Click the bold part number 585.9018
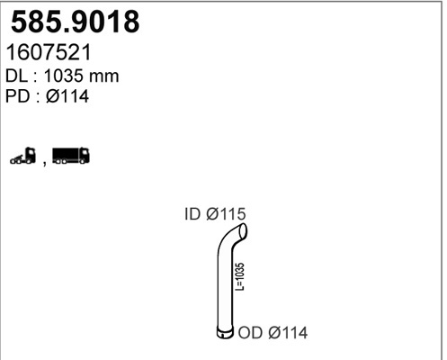click(x=76, y=22)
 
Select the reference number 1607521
click(x=49, y=52)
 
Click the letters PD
click(x=18, y=96)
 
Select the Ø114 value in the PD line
click(x=67, y=96)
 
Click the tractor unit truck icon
click(x=22, y=156)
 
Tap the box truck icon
click(x=71, y=156)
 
